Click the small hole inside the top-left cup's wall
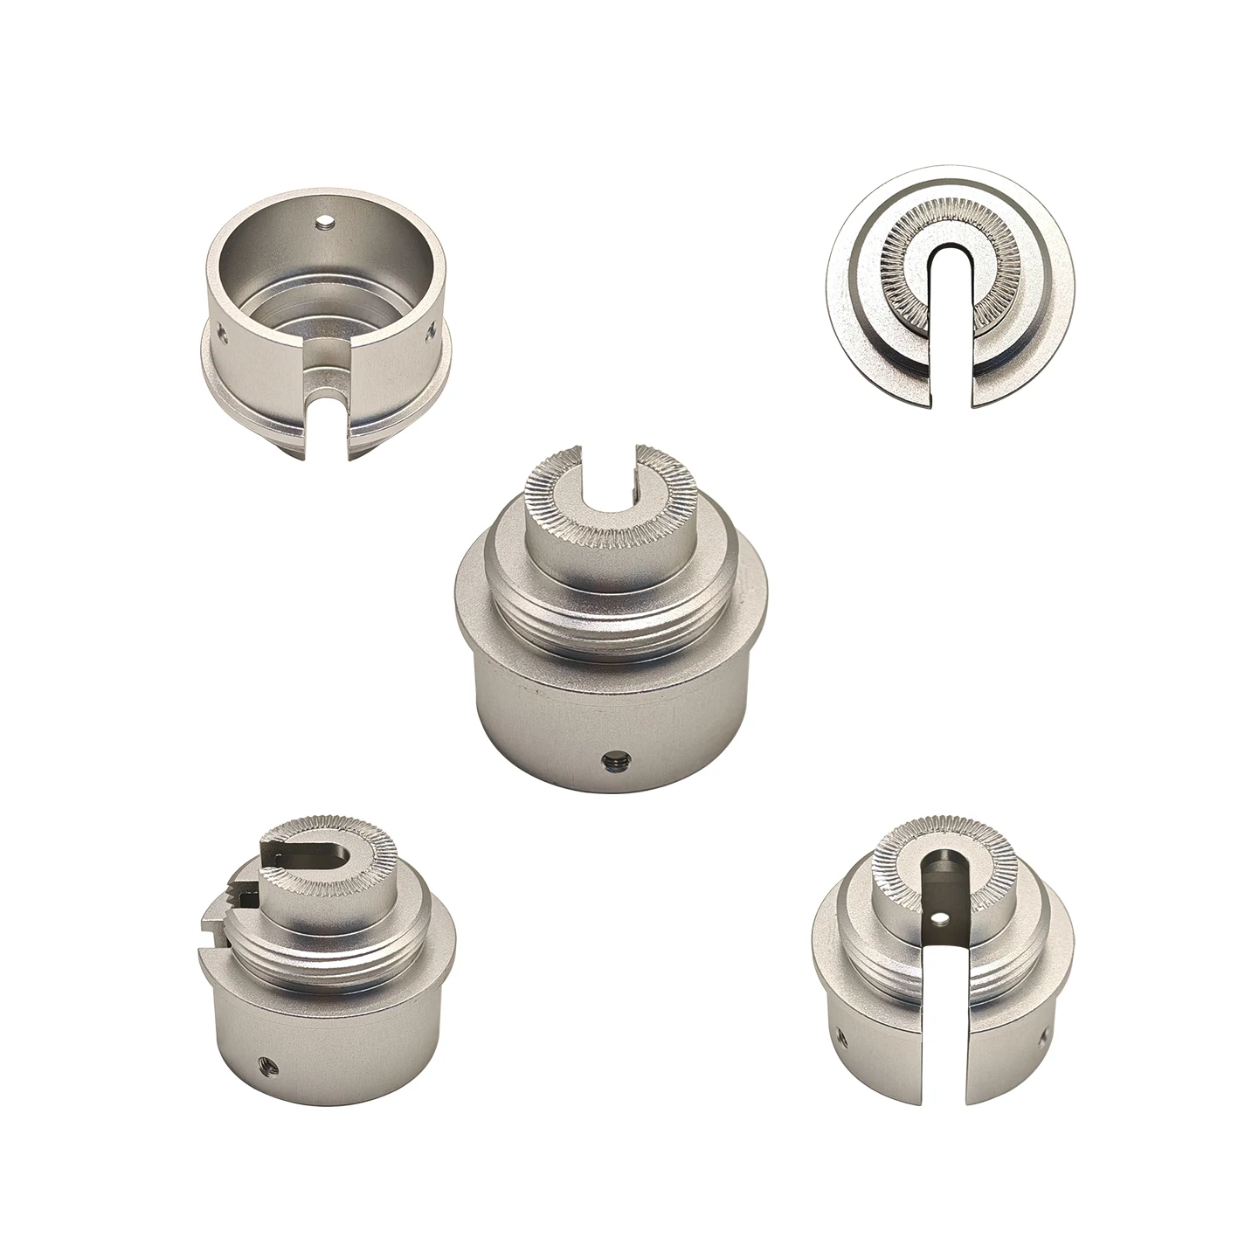[325, 222]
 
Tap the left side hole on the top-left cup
[220, 332]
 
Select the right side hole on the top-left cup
[430, 332]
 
